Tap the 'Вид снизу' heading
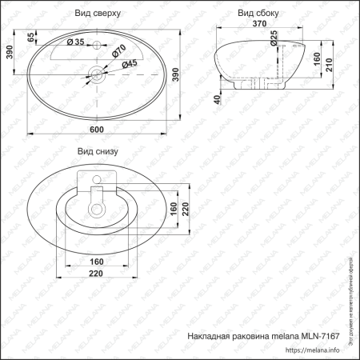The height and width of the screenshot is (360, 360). [x=98, y=150]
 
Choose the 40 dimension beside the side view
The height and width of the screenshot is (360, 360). [x=218, y=99]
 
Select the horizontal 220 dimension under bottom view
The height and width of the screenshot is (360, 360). [x=97, y=274]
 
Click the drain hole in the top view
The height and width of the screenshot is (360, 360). [x=97, y=76]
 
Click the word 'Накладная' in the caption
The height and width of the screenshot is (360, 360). [x=210, y=336]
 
